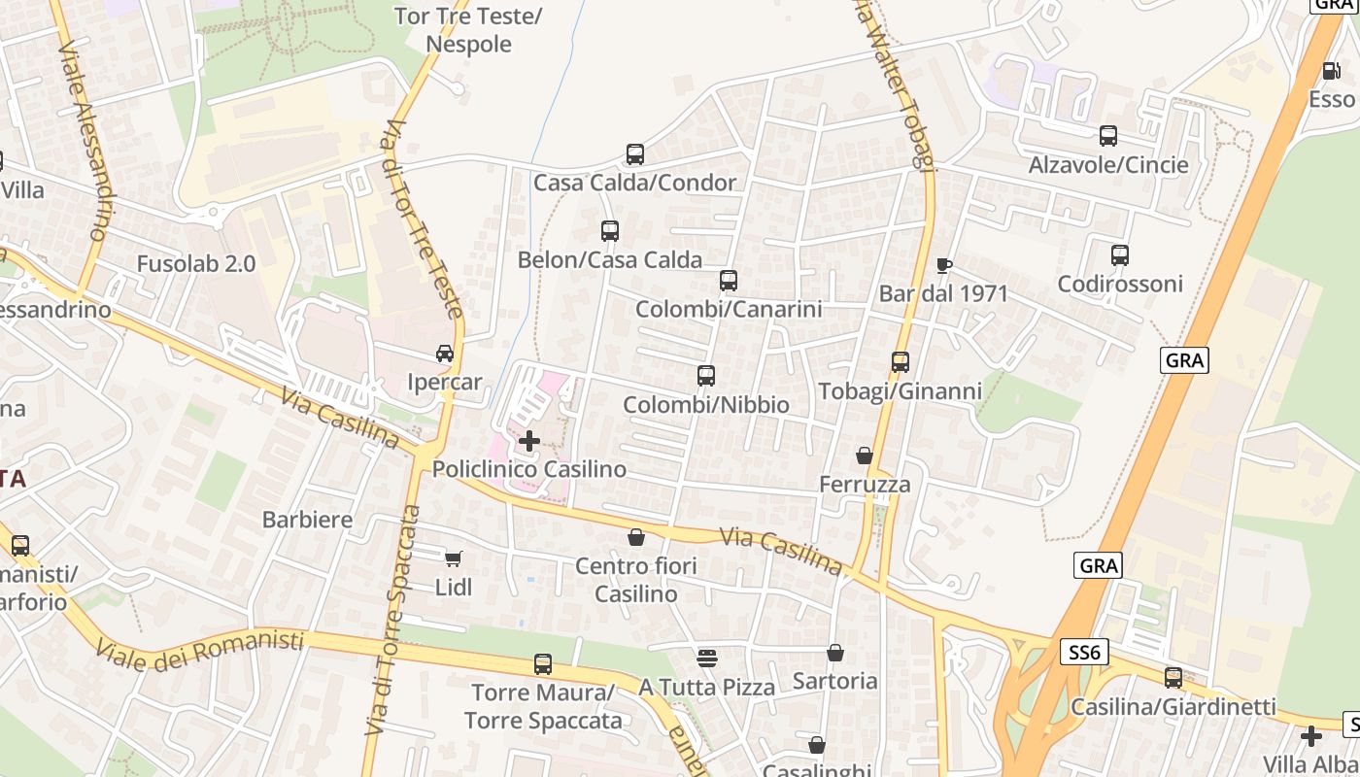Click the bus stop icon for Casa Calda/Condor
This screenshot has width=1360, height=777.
(x=635, y=153)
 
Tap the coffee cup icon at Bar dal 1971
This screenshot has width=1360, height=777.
(x=943, y=265)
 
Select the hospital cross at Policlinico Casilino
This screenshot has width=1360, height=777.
(x=529, y=441)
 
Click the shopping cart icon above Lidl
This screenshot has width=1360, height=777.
(x=453, y=557)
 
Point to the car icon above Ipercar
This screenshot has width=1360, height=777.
(x=445, y=354)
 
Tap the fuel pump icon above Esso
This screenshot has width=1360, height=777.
(x=1331, y=70)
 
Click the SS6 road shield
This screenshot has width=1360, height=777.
(x=1083, y=652)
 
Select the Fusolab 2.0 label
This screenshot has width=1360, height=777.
(x=196, y=263)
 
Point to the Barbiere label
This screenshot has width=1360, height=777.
(x=307, y=520)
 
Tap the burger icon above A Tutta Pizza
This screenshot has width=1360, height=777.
(x=707, y=658)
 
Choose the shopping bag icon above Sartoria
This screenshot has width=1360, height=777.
(x=835, y=653)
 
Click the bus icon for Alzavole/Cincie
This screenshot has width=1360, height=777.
(x=1108, y=136)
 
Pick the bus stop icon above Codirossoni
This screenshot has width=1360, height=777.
(x=1120, y=255)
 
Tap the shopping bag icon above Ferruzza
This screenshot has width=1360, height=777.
(x=865, y=456)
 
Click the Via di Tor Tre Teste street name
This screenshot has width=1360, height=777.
(x=425, y=219)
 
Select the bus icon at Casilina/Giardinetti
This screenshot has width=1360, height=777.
(x=1173, y=677)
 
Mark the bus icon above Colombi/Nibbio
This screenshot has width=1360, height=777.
(x=706, y=376)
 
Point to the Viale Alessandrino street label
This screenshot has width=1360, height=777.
(x=84, y=141)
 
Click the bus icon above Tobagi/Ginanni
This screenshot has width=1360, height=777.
(x=901, y=362)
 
